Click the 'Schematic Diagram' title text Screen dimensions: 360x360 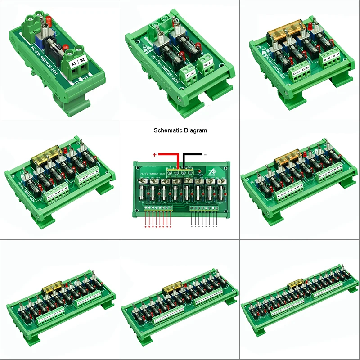pyautogui.click(x=180, y=130)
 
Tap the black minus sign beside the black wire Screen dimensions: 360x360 pyautogui.click(x=205, y=154)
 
